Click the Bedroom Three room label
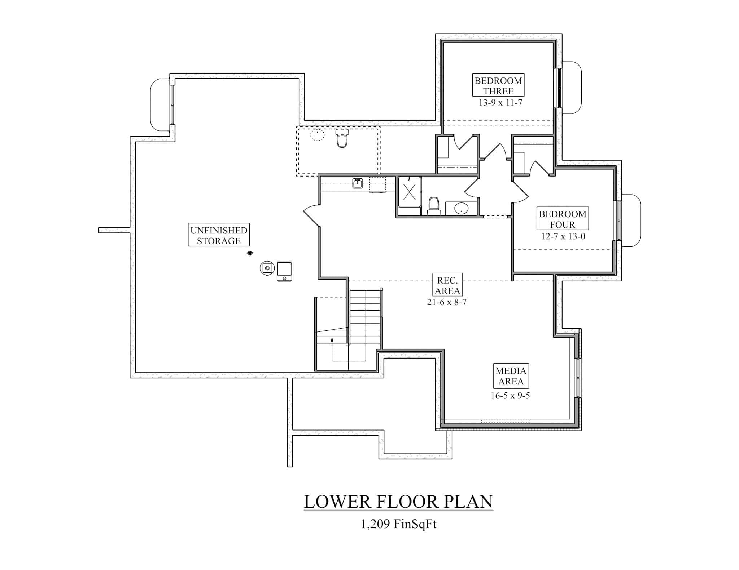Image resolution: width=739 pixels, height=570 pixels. (498, 85)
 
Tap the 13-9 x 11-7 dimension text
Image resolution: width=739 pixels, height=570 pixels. (500, 103)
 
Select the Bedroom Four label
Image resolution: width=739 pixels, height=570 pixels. (562, 219)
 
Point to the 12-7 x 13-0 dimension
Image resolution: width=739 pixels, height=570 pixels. (563, 236)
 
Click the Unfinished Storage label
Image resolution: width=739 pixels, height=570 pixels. (219, 235)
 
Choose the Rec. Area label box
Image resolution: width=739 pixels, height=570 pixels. (447, 285)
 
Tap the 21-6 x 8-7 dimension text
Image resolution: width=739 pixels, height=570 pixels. (447, 302)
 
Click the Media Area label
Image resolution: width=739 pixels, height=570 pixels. (511, 376)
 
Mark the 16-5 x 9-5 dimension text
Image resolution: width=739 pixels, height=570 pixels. (510, 396)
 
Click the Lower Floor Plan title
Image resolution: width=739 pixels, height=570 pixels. (398, 502)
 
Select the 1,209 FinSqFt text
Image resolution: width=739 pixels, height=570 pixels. (398, 524)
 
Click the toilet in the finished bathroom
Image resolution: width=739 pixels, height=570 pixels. (433, 206)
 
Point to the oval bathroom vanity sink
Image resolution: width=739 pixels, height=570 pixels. (461, 208)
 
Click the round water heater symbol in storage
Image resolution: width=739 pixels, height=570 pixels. (267, 268)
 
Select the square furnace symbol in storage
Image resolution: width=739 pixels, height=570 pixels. (284, 271)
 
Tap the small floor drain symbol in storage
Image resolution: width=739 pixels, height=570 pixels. (250, 253)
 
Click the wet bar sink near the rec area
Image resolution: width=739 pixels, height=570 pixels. (357, 183)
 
